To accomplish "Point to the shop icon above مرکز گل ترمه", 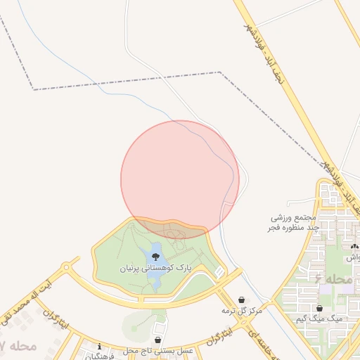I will pyautogui.click(x=242, y=300).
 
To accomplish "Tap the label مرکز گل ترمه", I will pyautogui.click(x=242, y=310).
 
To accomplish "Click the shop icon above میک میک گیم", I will pyautogui.click(x=320, y=308).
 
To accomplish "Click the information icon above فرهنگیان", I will pyautogui.click(x=99, y=345).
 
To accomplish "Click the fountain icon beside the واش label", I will pyautogui.click(x=354, y=247).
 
